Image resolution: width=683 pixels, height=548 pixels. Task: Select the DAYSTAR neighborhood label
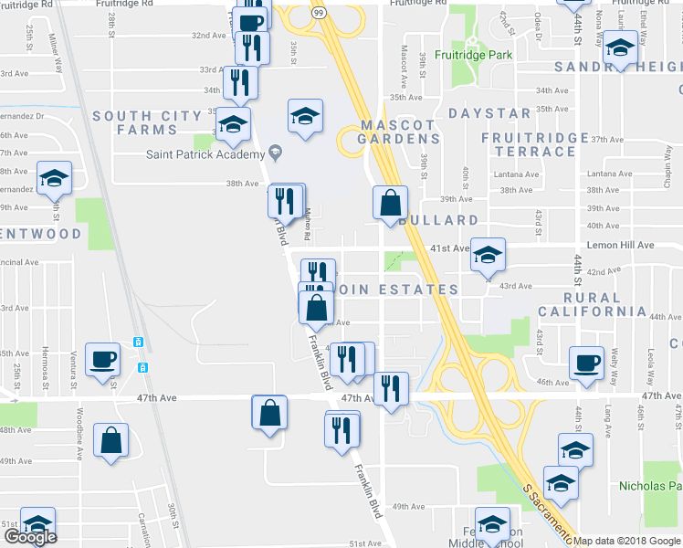click(489, 113)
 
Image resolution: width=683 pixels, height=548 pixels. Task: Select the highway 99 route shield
click(317, 12)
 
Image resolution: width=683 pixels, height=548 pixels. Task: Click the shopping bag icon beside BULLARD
click(390, 204)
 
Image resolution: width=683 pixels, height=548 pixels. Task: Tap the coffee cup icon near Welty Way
click(586, 362)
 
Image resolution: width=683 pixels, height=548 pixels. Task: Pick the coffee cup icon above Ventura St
click(102, 358)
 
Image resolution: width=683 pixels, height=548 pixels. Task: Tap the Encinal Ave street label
click(20, 261)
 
